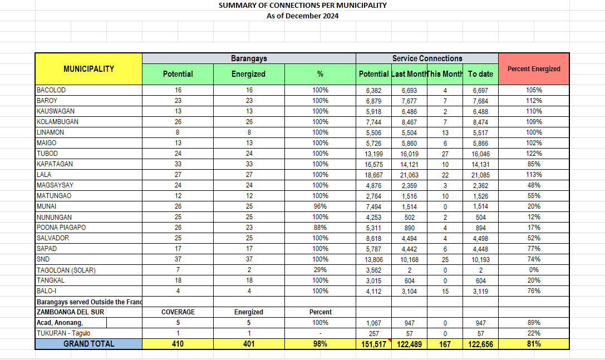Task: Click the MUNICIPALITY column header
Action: coord(88,69)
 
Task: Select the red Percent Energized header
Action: coord(534,69)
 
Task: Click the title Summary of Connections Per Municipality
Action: coord(302,6)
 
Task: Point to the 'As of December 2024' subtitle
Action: coord(302,16)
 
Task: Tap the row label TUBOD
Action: coord(47,154)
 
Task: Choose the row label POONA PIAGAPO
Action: coord(61,228)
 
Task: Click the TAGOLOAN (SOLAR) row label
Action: coord(66,270)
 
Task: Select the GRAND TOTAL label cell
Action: coord(88,344)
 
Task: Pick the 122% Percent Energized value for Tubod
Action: coord(534,154)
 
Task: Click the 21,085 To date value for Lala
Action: coord(480,175)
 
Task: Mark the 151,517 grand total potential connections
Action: coord(373,344)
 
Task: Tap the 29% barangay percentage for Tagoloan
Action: coord(320,270)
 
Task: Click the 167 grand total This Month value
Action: coord(445,344)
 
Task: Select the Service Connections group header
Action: coord(427,58)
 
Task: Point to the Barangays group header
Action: coord(249,58)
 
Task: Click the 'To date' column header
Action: coord(480,74)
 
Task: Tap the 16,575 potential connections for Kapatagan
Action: coord(373,164)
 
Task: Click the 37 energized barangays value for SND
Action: coord(249,259)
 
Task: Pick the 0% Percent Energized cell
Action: coord(534,270)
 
